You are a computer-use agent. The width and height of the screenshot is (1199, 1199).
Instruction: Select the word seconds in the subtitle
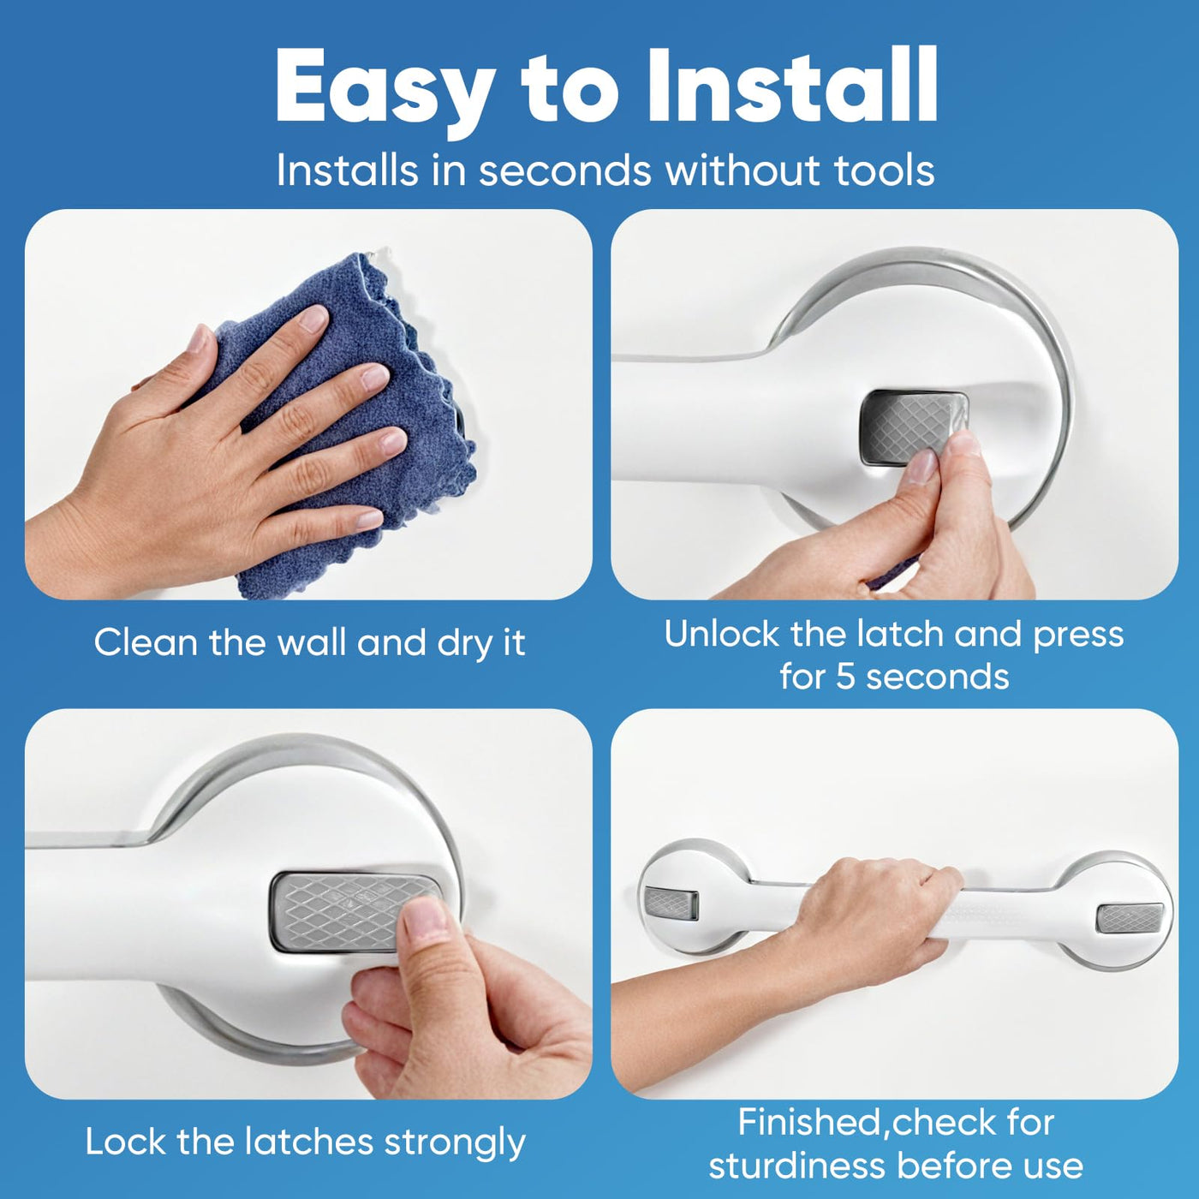tap(565, 170)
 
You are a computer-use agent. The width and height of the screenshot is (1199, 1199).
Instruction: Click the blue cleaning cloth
tap(349, 423)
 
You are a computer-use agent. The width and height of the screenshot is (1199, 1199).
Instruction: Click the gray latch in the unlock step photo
tap(914, 427)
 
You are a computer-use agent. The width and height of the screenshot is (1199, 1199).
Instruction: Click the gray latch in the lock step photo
tap(355, 912)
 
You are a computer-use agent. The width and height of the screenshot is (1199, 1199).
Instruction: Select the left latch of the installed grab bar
tap(671, 903)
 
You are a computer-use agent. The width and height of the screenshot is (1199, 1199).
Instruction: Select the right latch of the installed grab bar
tap(1130, 918)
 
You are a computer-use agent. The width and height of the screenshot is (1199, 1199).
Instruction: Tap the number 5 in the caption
tap(844, 676)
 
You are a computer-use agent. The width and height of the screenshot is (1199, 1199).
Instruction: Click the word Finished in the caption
tap(808, 1123)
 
